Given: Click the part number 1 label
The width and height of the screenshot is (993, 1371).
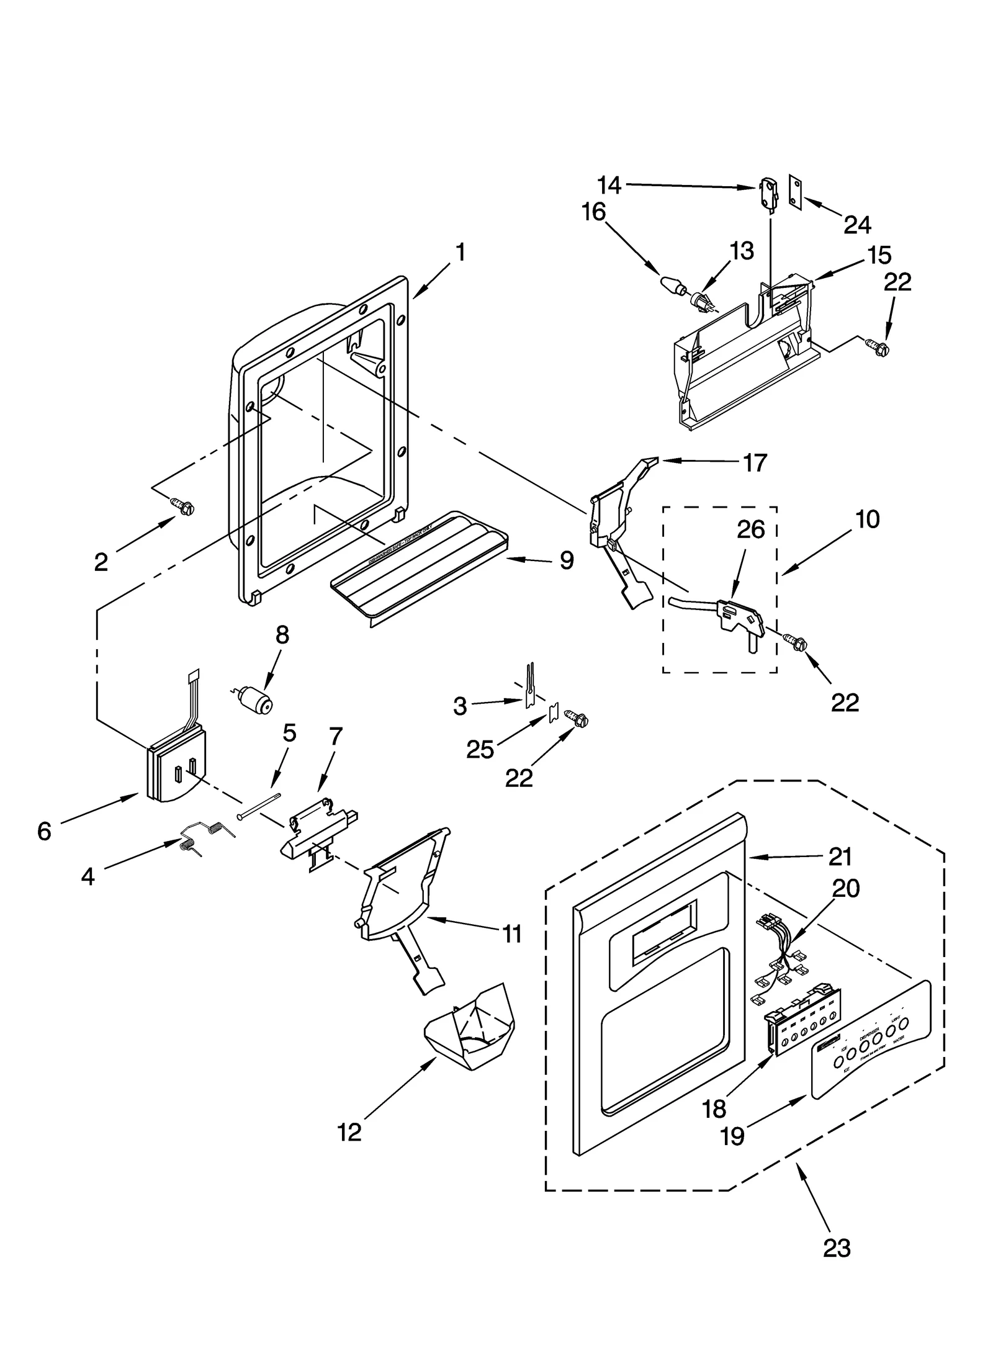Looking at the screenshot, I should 460,252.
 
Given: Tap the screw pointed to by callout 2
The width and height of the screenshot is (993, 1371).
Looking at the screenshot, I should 184,506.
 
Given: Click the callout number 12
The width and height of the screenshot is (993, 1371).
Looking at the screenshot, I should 349,1132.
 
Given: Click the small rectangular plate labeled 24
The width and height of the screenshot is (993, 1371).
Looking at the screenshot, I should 794,189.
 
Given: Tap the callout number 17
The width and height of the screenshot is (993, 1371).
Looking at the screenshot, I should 755,462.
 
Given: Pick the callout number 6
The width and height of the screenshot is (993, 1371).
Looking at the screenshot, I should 44,831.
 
